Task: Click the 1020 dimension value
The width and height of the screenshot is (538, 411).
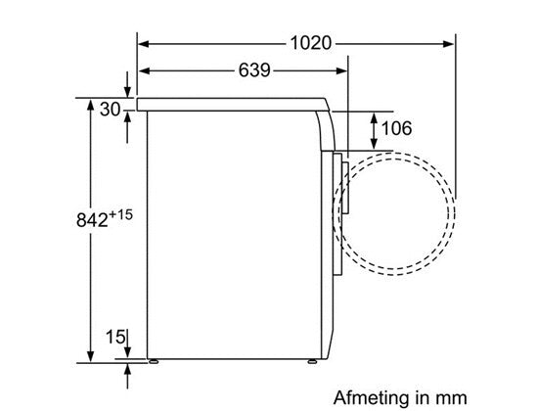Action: coord(311,43)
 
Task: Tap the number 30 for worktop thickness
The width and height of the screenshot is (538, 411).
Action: coord(110,109)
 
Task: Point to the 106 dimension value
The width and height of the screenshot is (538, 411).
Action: coord(395,128)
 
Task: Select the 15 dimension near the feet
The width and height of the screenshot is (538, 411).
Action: coord(115,339)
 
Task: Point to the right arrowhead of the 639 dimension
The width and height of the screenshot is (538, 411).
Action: coord(343,71)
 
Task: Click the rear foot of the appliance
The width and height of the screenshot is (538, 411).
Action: coord(153,362)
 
